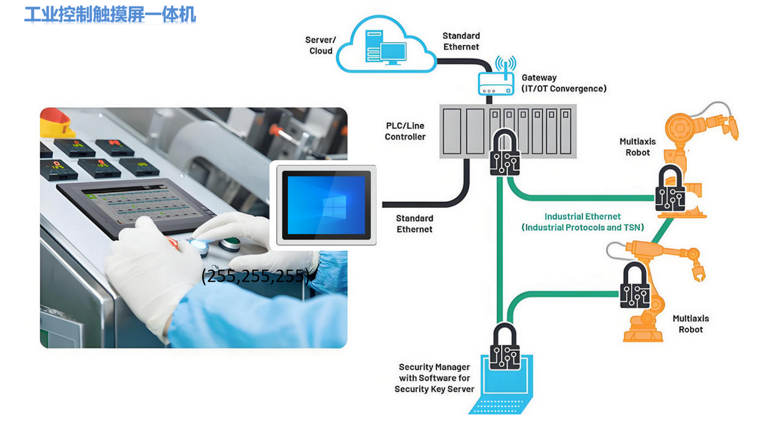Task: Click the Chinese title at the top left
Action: (110, 14)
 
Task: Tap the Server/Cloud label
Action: (320, 45)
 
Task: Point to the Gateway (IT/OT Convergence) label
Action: (564, 83)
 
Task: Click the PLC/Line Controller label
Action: (405, 131)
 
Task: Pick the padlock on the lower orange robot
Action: (634, 286)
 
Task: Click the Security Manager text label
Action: (434, 378)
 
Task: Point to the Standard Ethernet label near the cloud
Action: (461, 41)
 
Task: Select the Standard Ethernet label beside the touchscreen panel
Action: (415, 224)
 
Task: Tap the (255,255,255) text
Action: (255, 276)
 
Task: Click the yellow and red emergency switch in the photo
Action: (57, 122)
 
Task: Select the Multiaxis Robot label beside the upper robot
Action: (638, 147)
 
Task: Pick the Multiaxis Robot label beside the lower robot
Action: (691, 324)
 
